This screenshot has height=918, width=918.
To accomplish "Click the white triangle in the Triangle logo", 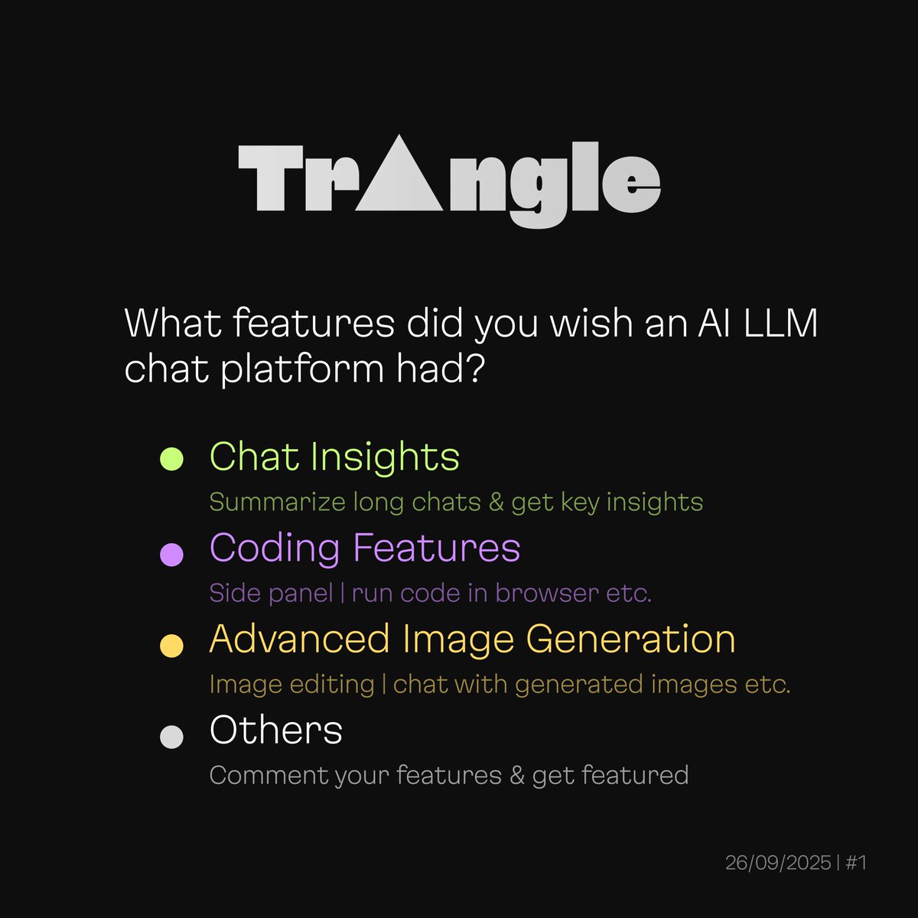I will coord(399,184).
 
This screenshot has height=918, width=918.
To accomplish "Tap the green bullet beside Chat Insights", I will coord(171,459).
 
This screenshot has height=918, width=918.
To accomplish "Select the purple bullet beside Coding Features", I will coord(171,554).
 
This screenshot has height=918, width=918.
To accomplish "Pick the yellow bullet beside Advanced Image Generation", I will coord(171,645).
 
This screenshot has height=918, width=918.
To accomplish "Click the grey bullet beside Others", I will coord(171,737).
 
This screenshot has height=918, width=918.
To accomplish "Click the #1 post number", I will coord(856,863).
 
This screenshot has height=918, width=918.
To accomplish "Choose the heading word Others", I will coord(275,730).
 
